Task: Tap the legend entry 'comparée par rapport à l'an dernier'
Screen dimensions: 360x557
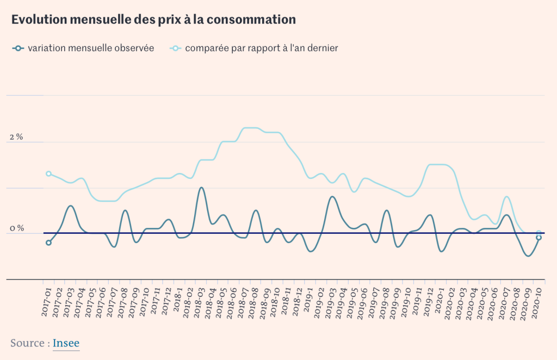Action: [x=261, y=48]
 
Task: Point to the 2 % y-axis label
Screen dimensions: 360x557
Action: [x=16, y=137]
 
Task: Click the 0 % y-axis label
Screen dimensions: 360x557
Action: [x=16, y=228]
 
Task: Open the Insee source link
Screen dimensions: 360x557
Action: [x=66, y=343]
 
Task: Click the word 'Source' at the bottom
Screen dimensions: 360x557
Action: [x=28, y=343]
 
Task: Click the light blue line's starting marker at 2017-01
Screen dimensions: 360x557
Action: [x=48, y=174]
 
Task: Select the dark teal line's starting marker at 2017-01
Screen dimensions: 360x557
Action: [x=48, y=243]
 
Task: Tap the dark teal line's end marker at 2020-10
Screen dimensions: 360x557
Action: [x=539, y=238]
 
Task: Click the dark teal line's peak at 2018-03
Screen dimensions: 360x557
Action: [x=201, y=188]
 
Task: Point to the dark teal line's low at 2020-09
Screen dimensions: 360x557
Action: [x=528, y=256]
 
